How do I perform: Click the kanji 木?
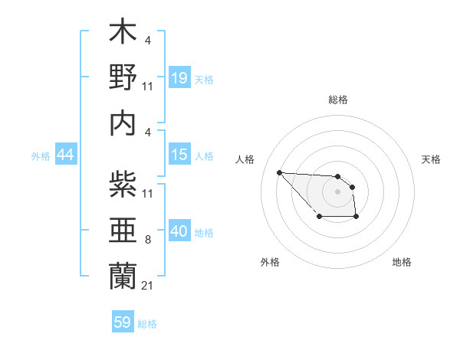coord(123,34)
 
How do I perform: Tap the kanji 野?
coord(123,79)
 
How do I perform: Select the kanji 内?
coord(123,123)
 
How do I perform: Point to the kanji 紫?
coord(123,186)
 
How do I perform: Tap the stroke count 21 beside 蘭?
coord(147,286)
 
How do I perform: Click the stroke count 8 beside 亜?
coord(147,241)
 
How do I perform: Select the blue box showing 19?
coord(179,78)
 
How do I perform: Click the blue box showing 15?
coord(179,155)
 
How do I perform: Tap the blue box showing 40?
coord(179,231)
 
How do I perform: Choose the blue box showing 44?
coord(65,155)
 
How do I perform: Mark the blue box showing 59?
coord(123,322)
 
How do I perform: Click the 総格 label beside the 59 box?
coord(147,324)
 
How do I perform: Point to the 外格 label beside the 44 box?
coord(41,156)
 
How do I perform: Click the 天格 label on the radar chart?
coord(432,159)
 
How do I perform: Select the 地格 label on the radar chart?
coord(402,262)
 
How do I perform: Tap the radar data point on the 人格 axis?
coord(280,172)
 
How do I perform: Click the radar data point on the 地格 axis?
coord(356,218)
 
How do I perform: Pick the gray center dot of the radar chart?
coord(337,191)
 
